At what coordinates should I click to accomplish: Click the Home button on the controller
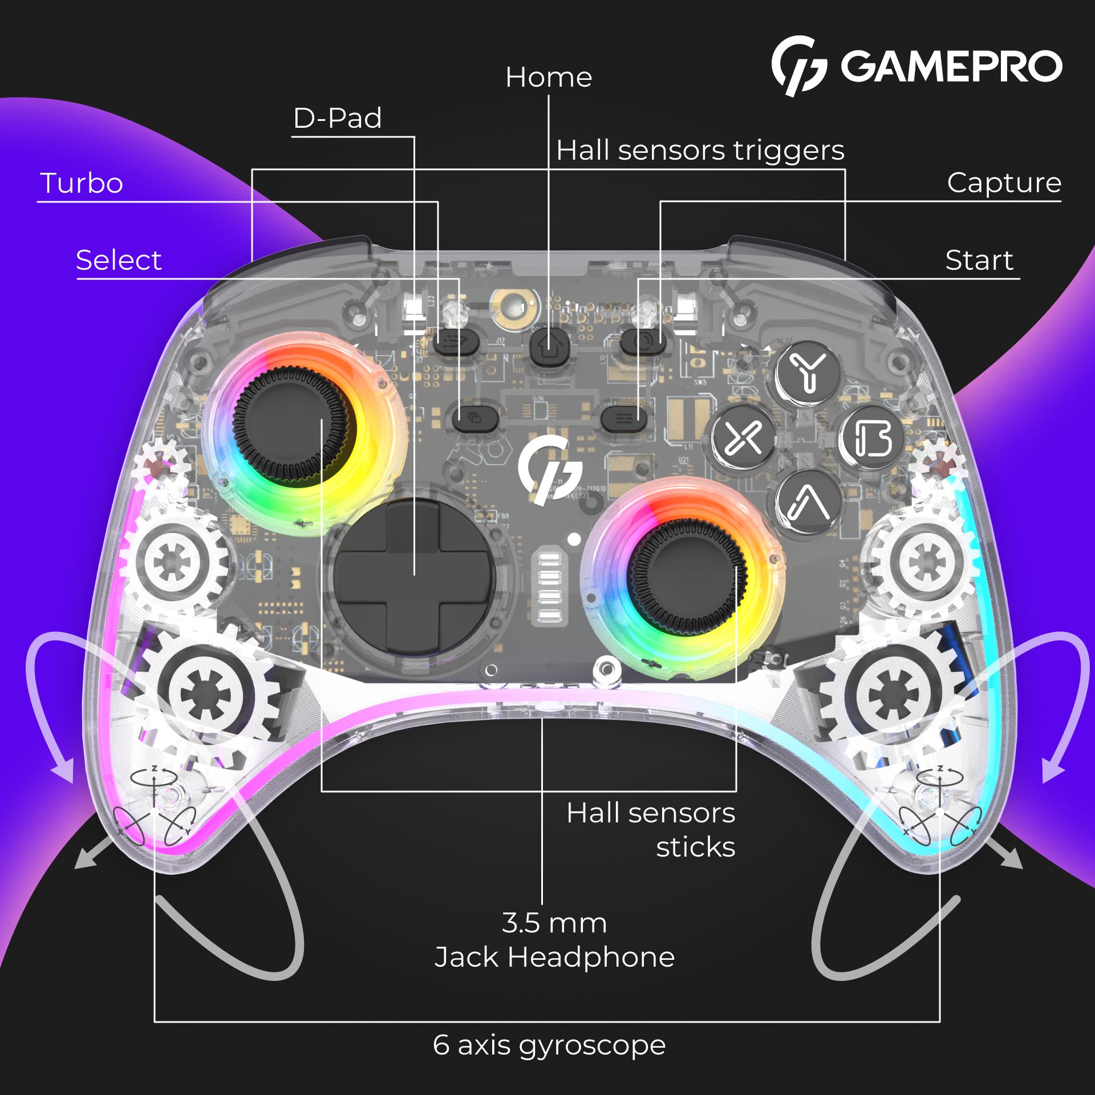coord(549,346)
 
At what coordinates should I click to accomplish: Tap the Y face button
coord(808,373)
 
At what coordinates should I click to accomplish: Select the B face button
coord(872,439)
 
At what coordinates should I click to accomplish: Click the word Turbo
coord(82,183)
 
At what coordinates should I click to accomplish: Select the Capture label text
coord(1004,182)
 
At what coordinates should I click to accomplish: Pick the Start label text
coord(979,260)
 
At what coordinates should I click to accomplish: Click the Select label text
coord(119,260)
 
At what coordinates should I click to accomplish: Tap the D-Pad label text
coord(337,118)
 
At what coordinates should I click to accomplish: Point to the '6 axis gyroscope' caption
coord(549,1045)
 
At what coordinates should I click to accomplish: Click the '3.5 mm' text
coord(554,923)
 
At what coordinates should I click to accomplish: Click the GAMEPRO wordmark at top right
coord(951,66)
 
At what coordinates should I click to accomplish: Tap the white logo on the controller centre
coord(549,469)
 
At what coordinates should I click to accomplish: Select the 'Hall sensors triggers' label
coord(700,151)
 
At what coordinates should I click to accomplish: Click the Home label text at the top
coord(549,77)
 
